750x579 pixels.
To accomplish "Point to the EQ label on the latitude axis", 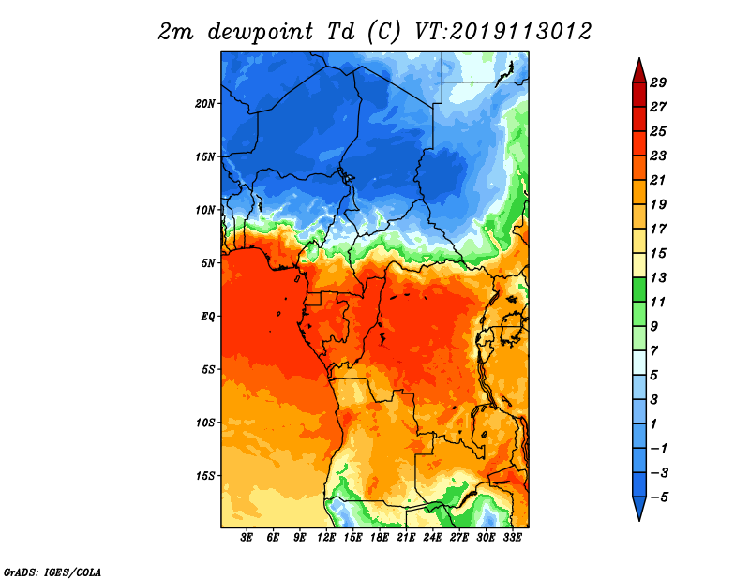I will pos(208,316).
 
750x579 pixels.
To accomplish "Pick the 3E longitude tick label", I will pos(247,539).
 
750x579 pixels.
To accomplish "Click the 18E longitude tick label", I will pos(380,539).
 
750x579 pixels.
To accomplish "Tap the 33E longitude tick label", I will pos(512,539).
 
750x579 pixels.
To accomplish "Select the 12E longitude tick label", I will pos(326,539).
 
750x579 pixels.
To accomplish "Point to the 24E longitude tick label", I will pos(432,539).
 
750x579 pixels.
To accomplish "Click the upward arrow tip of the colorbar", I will pos(637,60).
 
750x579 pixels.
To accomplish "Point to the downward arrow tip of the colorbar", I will pos(637,519).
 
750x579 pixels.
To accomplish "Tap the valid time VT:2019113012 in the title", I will pos(502,31).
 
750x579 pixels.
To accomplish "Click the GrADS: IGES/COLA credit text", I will pos(52,571).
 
